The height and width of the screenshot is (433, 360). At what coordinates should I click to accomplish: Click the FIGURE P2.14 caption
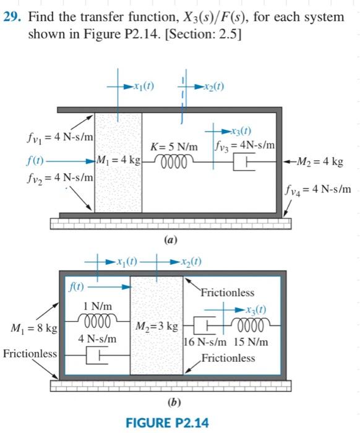tap(167, 422)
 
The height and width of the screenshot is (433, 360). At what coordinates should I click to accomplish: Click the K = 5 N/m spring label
tap(174, 147)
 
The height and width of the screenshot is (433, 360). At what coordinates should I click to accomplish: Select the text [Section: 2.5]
tap(204, 33)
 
